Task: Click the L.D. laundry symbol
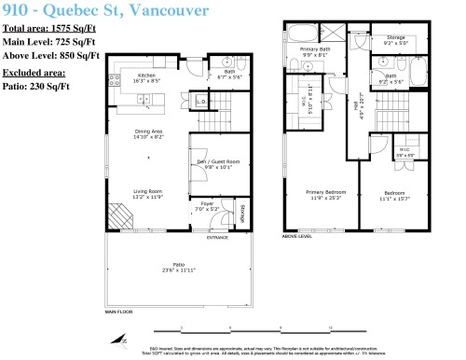(200, 101)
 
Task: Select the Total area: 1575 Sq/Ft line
(51, 31)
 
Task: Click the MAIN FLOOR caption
(119, 312)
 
